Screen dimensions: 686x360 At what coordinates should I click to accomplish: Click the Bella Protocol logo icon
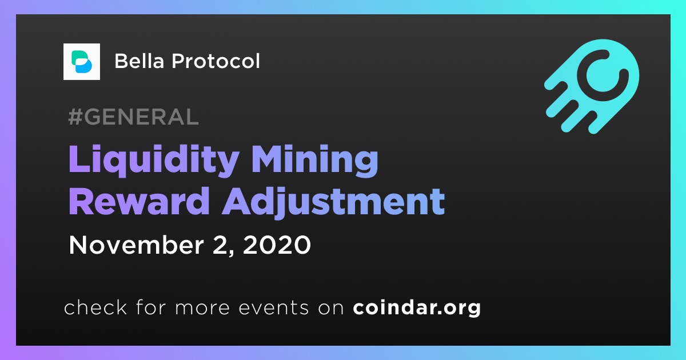(81, 62)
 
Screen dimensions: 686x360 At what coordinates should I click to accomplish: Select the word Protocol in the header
(216, 61)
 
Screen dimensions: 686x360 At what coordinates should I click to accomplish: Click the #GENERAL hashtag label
(133, 117)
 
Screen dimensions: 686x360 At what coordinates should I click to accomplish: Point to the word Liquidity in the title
(154, 161)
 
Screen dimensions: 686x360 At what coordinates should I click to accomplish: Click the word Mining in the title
(314, 161)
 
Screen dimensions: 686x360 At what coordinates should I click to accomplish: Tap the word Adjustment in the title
(333, 203)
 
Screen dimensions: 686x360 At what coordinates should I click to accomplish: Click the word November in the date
(136, 245)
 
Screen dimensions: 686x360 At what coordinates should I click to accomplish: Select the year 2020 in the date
(277, 245)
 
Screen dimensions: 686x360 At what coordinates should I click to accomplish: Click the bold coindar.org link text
(417, 308)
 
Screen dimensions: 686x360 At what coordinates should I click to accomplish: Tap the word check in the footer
(95, 307)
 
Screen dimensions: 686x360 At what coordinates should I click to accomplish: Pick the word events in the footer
(274, 308)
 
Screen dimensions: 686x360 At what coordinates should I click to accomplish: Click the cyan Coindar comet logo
(592, 86)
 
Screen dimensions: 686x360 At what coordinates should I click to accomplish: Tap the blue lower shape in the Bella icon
(83, 66)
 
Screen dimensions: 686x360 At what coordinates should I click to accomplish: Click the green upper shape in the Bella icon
(79, 57)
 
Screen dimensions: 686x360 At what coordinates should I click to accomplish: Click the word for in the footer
(151, 307)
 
